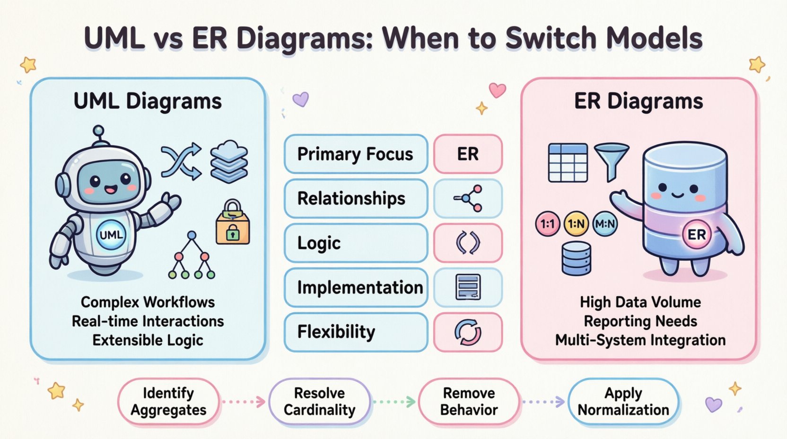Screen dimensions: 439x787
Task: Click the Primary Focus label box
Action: pos(356,154)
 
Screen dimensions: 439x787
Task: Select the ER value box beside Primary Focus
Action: pos(467,154)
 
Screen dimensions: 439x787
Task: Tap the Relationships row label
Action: pos(356,199)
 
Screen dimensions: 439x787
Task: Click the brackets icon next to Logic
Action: pos(467,243)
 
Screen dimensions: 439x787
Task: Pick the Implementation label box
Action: pos(356,288)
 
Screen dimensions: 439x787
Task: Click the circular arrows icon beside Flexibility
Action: pos(467,332)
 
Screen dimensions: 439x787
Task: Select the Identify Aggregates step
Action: pos(168,402)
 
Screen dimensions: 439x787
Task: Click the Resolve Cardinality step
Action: pos(319,402)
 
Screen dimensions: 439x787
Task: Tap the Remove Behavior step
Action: pos(469,402)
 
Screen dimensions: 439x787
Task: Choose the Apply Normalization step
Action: pos(623,402)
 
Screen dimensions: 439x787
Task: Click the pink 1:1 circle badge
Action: pos(547,224)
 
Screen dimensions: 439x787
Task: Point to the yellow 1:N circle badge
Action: pos(576,224)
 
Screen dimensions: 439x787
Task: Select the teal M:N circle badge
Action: pos(605,223)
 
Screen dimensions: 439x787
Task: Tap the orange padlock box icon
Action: pos(233,223)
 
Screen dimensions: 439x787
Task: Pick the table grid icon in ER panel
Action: pos(568,163)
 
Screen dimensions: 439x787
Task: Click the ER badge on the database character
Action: pos(696,235)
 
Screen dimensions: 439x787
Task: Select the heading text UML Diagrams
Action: pos(148,101)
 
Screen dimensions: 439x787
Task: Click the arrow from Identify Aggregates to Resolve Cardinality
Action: pos(244,402)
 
